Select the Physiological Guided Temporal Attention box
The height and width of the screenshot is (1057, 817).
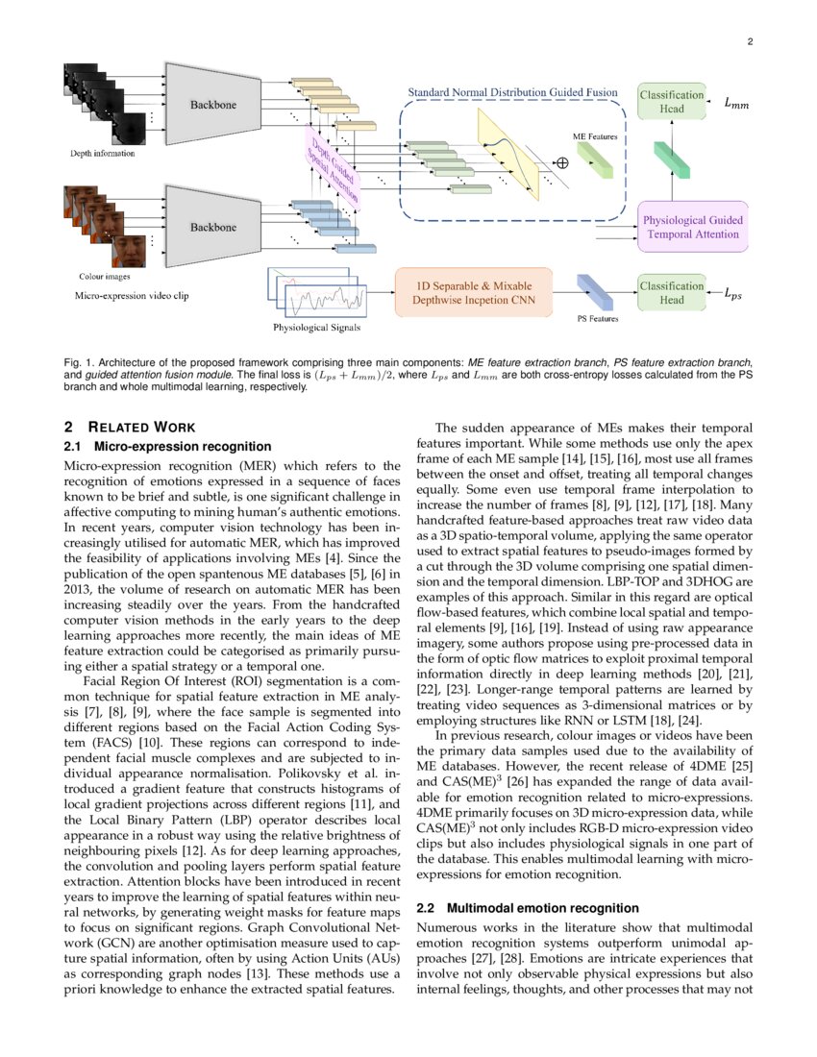click(x=692, y=227)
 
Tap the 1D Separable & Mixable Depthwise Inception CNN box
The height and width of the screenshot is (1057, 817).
click(x=474, y=292)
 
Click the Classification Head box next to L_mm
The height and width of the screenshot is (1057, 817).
click(x=672, y=101)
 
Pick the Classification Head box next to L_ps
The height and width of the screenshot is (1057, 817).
click(x=672, y=292)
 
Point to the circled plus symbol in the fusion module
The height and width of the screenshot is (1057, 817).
click(x=562, y=163)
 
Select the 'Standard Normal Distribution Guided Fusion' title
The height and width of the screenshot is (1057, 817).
click(x=513, y=92)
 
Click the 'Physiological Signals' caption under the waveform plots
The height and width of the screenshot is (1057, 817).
click(x=317, y=328)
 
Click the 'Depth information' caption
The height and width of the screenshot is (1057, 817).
click(x=102, y=153)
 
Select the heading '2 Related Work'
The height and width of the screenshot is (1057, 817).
click(x=129, y=427)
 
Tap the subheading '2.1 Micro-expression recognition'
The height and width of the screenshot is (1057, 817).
click(x=167, y=446)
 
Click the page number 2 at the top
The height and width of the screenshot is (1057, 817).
click(x=748, y=42)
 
